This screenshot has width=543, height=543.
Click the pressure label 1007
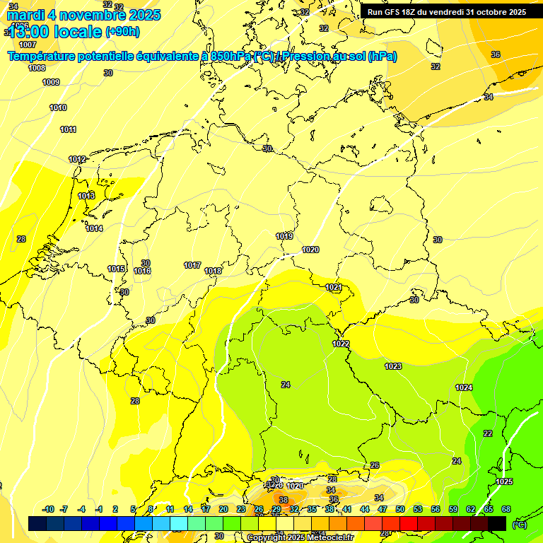point(28,45)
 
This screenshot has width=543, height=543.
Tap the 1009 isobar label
point(51,83)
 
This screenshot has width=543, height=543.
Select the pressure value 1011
point(68,130)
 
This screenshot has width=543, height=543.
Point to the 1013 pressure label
point(86,196)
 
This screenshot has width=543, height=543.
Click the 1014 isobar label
point(94,228)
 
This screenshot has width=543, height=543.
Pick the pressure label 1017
point(192,266)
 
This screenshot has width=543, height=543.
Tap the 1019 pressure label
point(284,236)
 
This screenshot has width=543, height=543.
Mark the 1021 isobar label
point(334,288)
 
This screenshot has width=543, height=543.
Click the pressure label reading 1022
point(341,344)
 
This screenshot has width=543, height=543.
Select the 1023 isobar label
point(393,366)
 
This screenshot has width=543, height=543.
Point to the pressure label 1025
point(504,481)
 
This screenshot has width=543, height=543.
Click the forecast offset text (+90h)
point(122,32)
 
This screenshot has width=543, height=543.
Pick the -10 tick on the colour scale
point(48,509)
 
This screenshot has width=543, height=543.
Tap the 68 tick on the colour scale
point(506,509)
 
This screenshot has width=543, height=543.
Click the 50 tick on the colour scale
point(400,509)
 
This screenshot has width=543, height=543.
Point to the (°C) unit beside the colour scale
point(520,525)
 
